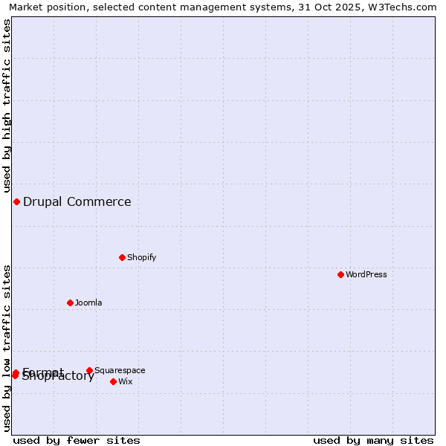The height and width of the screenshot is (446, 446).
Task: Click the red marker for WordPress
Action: (x=340, y=274)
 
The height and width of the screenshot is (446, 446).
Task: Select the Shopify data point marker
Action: (x=122, y=257)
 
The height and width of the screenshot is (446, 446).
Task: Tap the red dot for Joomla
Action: (x=70, y=303)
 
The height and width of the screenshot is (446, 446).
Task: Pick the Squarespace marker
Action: (x=89, y=370)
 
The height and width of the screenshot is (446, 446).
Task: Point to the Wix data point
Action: (x=113, y=381)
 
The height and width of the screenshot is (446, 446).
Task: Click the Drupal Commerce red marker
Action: (x=16, y=201)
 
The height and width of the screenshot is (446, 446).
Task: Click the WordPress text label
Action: (x=366, y=274)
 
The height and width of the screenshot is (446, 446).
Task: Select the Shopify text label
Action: (x=141, y=257)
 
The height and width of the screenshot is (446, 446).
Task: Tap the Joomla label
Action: (x=88, y=303)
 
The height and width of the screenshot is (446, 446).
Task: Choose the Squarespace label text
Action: (x=120, y=370)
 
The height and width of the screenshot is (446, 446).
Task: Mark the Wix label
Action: (x=125, y=381)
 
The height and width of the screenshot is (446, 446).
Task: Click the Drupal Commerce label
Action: (x=77, y=201)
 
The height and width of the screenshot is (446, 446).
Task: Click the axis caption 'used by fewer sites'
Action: (x=77, y=440)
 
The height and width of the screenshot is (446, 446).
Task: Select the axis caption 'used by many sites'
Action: (x=373, y=440)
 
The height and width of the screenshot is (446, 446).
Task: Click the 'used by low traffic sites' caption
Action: (x=7, y=348)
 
